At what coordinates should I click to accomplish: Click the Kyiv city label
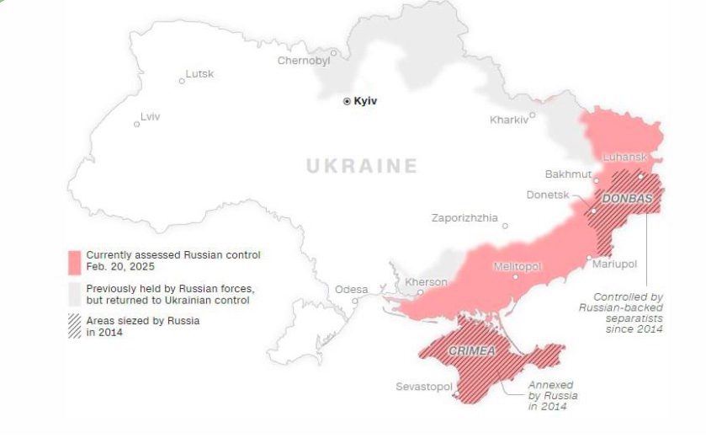click(365, 101)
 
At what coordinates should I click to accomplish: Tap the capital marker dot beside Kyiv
click(347, 101)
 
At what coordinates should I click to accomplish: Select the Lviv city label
click(150, 116)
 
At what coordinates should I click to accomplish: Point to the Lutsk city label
click(199, 74)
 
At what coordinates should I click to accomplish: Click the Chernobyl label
click(303, 61)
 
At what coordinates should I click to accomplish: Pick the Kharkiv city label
click(508, 120)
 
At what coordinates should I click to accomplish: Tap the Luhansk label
click(624, 158)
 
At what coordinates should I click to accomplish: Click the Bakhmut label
click(568, 174)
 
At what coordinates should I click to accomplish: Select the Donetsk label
click(547, 195)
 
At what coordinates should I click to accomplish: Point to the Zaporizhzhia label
click(464, 217)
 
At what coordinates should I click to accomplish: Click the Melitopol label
click(516, 266)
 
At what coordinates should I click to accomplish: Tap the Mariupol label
click(614, 264)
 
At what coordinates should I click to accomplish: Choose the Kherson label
click(426, 281)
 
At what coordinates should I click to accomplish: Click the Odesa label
click(351, 290)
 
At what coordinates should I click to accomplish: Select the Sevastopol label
click(424, 387)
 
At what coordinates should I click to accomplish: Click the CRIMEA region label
click(471, 350)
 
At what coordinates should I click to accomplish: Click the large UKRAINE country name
click(361, 166)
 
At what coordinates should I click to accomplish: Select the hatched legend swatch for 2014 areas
click(75, 326)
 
